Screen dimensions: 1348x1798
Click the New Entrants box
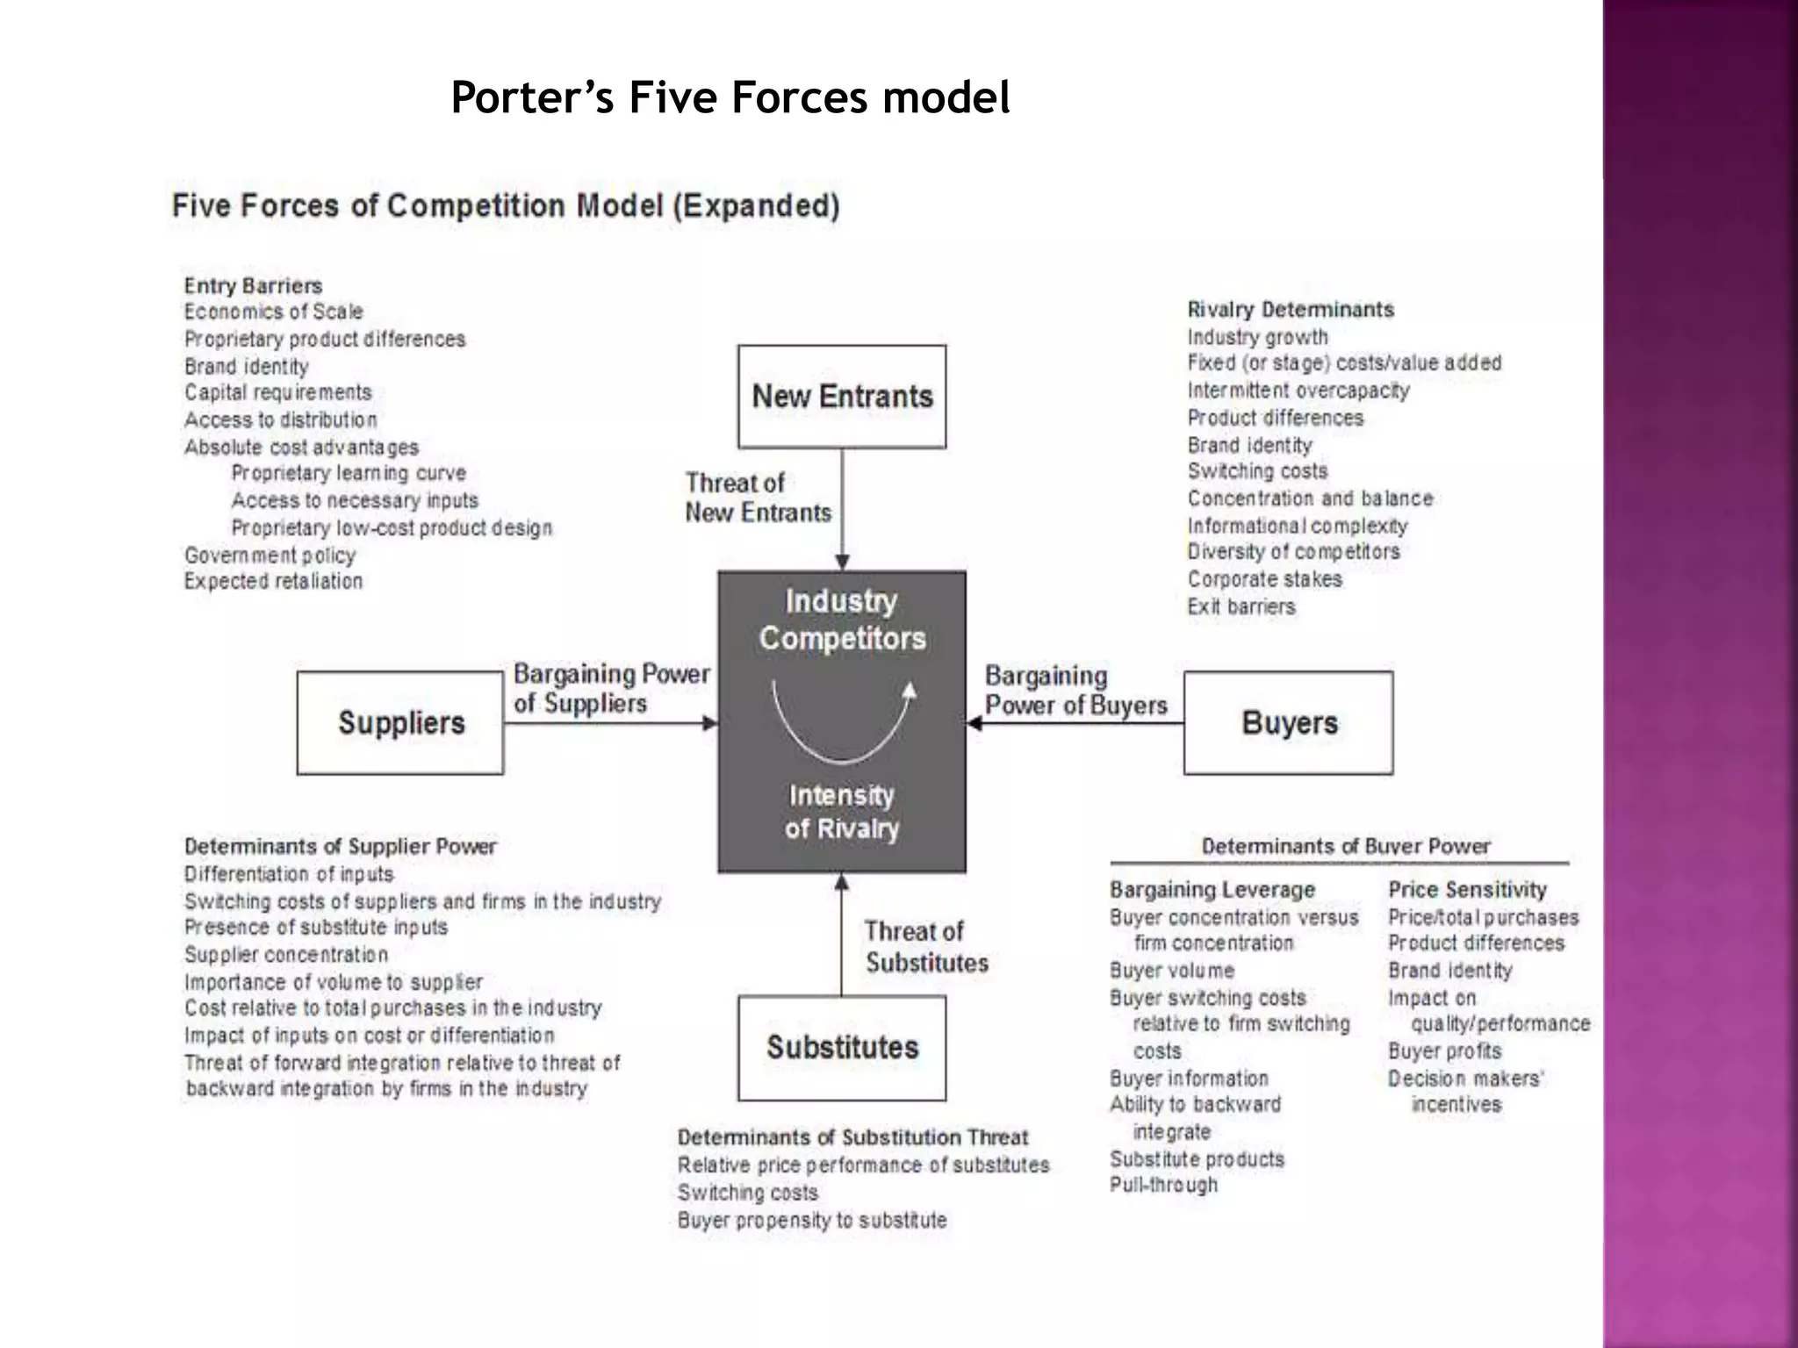[x=842, y=397]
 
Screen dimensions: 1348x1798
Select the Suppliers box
[x=400, y=723]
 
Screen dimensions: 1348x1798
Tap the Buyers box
[x=1288, y=723]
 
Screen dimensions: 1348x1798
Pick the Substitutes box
[x=842, y=1047]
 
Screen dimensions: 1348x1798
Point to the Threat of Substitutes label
[x=925, y=947]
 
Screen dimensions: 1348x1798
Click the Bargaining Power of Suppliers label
[x=611, y=688]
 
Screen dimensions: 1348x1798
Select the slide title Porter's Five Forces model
[x=730, y=97]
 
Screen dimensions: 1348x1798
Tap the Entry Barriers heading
[x=253, y=286]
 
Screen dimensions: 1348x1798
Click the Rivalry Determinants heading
[x=1290, y=310]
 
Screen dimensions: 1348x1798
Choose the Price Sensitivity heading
[x=1467, y=890]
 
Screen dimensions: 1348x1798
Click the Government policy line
[x=270, y=556]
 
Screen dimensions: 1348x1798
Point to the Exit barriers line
[x=1241, y=606]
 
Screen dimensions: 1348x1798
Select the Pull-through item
[x=1163, y=1185]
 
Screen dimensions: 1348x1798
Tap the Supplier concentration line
[x=285, y=955]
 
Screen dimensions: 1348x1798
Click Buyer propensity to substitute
[x=811, y=1220]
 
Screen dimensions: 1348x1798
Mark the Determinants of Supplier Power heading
[x=340, y=847]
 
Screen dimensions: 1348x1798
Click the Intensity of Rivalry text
[x=841, y=812]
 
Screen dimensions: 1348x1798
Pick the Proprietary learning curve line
[x=349, y=473]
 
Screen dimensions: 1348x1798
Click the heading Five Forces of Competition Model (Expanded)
[x=506, y=206]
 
